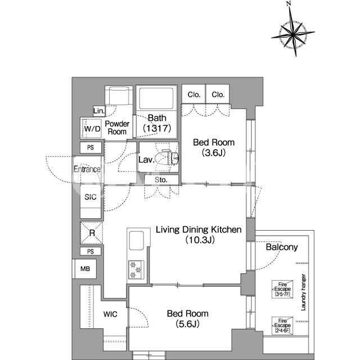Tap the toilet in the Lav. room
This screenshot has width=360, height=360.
[167, 157]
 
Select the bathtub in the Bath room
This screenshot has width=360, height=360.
[156, 98]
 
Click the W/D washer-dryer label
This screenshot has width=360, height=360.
[92, 129]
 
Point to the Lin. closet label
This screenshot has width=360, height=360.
[99, 111]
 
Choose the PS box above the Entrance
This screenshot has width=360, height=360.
[91, 147]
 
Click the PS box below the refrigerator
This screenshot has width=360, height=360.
[91, 251]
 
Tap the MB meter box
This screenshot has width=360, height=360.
[85, 269]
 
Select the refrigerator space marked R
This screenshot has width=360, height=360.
[92, 233]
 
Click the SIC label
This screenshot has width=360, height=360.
[91, 197]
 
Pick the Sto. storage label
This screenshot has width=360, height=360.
[161, 180]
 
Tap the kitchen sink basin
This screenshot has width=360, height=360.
[136, 241]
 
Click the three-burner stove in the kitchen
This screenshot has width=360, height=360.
[136, 270]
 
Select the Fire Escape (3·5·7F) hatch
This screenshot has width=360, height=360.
[282, 289]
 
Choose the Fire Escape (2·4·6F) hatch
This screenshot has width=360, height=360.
[282, 326]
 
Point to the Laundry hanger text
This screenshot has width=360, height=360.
[304, 292]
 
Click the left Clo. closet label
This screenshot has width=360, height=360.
[194, 94]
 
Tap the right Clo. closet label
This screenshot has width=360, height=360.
[218, 94]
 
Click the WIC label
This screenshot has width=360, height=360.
[110, 314]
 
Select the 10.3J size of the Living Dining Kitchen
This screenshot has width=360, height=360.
[200, 240]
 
